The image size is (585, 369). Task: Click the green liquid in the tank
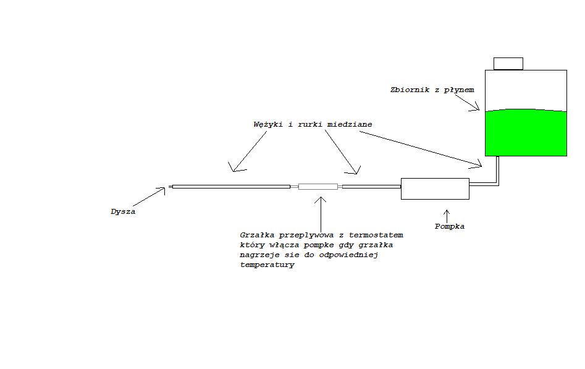coord(526,133)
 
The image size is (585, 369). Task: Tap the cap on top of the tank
coord(508,64)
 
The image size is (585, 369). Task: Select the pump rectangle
coord(435,189)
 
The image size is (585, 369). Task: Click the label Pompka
coord(449,226)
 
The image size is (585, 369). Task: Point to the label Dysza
coord(123,211)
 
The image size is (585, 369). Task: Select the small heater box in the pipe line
coord(318,186)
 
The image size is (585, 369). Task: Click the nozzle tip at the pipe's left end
coord(170,186)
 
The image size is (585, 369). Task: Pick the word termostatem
coord(376,235)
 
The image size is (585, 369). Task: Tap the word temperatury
coord(267,265)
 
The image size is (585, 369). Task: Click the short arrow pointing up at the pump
coord(446,214)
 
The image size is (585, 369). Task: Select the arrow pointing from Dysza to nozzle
coord(149,198)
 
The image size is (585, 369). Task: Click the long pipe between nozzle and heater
coord(231,186)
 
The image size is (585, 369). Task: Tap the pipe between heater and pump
coord(371,186)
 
